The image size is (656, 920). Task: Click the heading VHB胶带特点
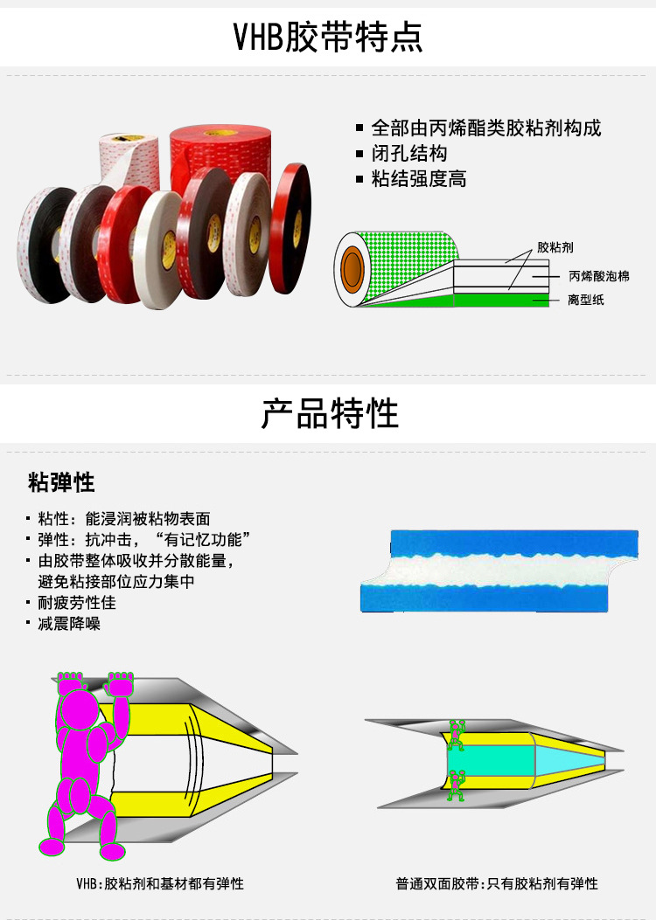(x=328, y=37)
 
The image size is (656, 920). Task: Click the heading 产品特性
(x=330, y=413)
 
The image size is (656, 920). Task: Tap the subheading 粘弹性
(x=61, y=482)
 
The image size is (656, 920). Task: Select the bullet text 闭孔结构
(x=409, y=153)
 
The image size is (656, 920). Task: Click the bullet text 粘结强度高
(x=419, y=178)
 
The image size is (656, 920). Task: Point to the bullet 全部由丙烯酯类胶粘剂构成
(x=486, y=128)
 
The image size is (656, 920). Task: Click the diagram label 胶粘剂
(x=555, y=247)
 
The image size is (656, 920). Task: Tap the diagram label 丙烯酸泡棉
(x=599, y=276)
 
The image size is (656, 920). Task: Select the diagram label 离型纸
(x=585, y=300)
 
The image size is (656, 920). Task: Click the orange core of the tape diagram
(x=352, y=269)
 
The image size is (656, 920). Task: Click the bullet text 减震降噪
(x=69, y=623)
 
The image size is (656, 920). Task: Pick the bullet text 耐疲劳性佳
(x=77, y=603)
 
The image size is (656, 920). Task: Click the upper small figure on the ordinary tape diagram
(x=457, y=735)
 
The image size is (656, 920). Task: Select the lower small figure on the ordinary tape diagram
(x=457, y=785)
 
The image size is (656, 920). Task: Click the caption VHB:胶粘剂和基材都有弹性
(x=160, y=883)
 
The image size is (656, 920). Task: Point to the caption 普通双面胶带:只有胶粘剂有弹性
(x=497, y=883)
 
